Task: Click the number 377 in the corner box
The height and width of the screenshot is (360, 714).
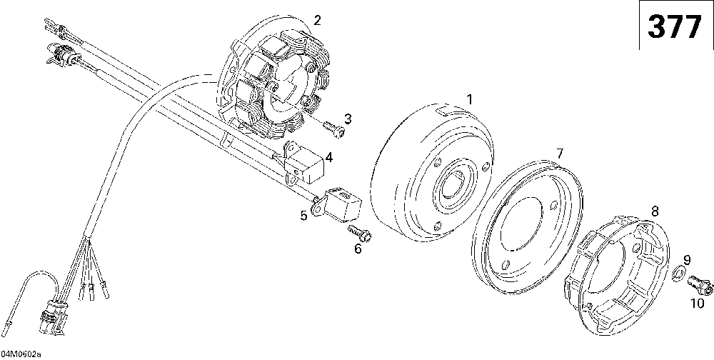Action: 675,27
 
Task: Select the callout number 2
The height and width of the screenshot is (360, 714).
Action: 317,19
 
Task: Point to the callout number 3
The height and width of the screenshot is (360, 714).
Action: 348,118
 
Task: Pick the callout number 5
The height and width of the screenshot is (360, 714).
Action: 303,214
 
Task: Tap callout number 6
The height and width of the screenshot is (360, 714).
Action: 358,248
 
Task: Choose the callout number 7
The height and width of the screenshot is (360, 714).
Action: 559,154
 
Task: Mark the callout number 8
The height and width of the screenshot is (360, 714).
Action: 655,210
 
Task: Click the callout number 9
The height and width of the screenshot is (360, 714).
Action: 687,259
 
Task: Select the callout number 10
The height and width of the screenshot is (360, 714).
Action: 696,303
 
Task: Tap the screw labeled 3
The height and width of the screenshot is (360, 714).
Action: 334,129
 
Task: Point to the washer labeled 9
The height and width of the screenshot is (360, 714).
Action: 679,273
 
